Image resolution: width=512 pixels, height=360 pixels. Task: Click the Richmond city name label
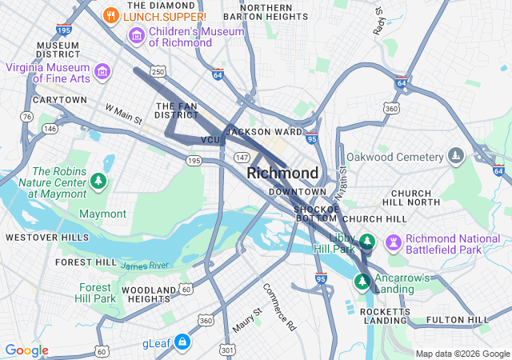(x=282, y=173)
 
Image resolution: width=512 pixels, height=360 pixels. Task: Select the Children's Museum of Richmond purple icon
(x=136, y=36)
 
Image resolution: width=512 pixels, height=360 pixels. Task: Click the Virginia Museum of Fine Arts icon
(x=102, y=73)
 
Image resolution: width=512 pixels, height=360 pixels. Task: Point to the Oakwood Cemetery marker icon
(x=456, y=154)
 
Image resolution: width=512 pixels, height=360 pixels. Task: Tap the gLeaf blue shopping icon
(x=182, y=342)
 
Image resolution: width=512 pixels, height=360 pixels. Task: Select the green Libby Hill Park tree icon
(x=367, y=241)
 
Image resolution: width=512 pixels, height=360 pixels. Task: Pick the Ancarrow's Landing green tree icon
(x=362, y=282)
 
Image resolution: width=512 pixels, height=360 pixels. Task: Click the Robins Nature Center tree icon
(x=98, y=181)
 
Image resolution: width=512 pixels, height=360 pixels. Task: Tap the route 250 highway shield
(x=158, y=72)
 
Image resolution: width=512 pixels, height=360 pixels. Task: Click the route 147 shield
(x=241, y=157)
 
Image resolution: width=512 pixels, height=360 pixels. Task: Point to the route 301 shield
(x=229, y=349)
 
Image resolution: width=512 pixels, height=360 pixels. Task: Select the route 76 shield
(x=27, y=117)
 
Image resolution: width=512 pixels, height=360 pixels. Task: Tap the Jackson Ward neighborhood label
(x=264, y=131)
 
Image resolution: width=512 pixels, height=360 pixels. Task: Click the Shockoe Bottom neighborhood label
(x=317, y=212)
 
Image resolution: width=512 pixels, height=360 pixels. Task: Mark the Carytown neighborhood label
(x=59, y=99)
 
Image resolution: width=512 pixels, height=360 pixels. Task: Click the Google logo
(x=27, y=350)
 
